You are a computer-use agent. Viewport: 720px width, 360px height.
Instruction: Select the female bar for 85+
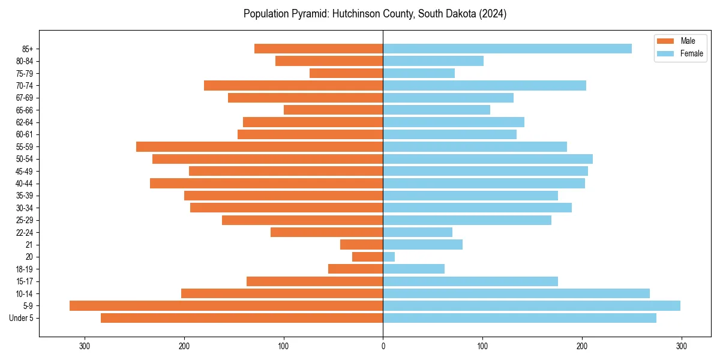point(507,49)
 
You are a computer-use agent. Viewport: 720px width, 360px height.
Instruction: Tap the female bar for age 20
point(389,257)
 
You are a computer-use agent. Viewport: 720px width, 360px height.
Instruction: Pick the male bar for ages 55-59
point(259,146)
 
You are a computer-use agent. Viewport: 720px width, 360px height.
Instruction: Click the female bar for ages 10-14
point(516,293)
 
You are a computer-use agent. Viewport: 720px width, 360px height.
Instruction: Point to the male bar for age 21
point(361,245)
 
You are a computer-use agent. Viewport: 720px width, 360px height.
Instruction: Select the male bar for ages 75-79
point(346,73)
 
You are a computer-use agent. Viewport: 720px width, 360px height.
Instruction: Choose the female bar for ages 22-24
point(418,232)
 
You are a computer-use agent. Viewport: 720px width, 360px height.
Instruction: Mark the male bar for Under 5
point(242,318)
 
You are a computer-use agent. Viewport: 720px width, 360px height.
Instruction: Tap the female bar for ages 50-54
point(488,159)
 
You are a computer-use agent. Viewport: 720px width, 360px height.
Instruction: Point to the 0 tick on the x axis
point(383,346)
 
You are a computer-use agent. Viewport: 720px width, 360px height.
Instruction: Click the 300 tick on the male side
point(85,346)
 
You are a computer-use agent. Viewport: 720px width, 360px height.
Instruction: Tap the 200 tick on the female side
point(581,346)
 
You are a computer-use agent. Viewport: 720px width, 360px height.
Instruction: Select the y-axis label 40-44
point(24,184)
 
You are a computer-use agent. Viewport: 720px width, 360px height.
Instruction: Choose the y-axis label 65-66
point(24,110)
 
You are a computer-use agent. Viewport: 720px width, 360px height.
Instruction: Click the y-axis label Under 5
point(22,318)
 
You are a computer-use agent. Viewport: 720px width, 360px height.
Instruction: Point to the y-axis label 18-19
point(24,269)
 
